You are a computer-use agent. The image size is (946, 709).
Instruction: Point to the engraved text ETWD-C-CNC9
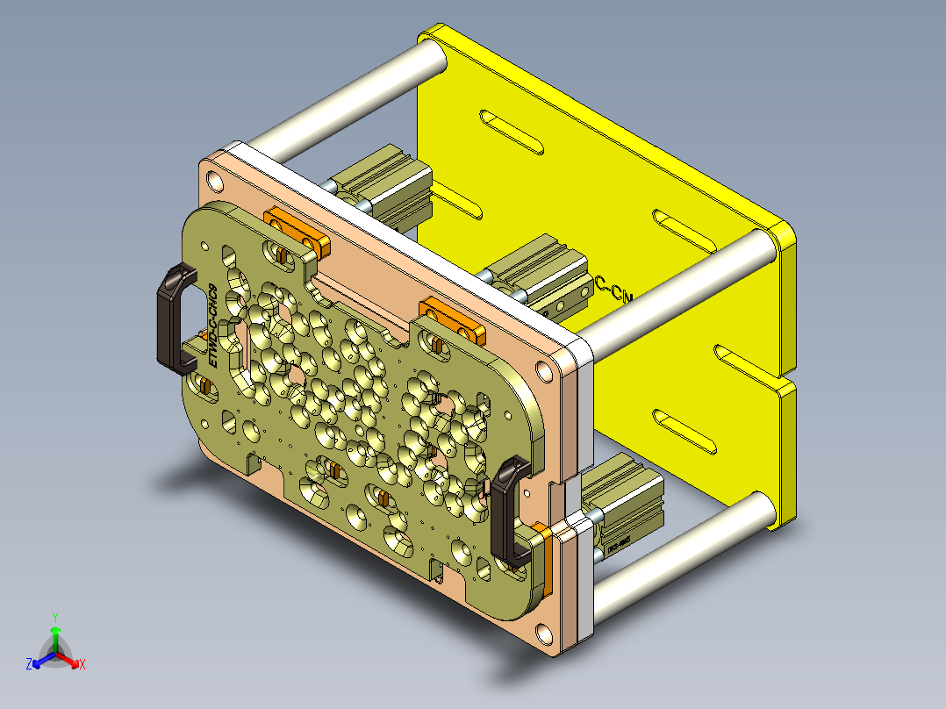coord(212,325)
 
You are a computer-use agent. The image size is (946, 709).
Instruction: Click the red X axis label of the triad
coord(82,664)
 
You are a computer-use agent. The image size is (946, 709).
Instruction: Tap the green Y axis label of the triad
coord(54,617)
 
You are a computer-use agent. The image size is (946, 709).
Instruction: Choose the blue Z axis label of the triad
coord(29,665)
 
